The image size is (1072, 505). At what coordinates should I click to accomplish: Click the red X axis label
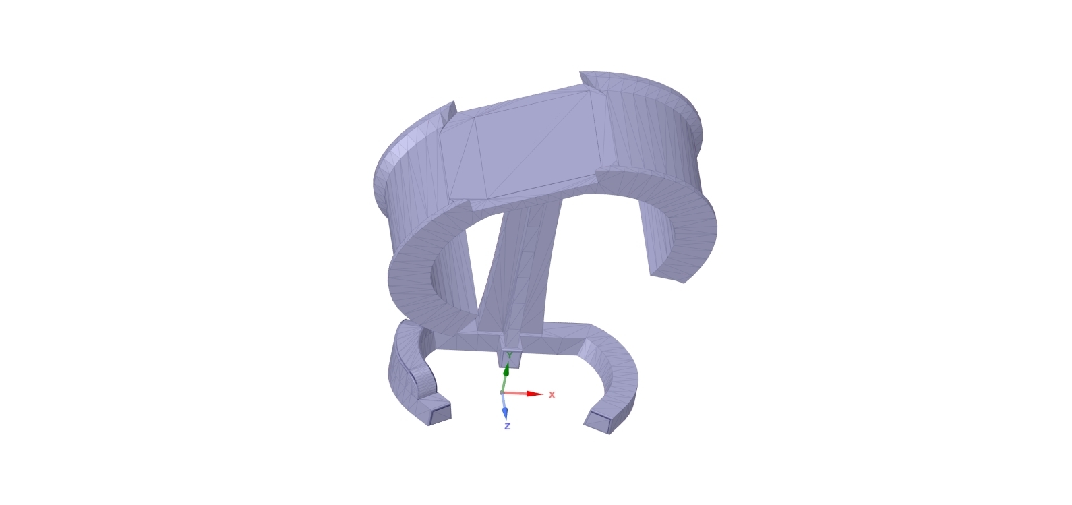552,395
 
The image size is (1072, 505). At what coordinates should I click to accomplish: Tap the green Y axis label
510,355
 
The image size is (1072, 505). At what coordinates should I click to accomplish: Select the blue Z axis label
507,426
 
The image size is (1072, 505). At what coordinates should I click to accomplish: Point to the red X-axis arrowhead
535,394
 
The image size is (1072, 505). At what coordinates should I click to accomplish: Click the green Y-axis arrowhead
506,370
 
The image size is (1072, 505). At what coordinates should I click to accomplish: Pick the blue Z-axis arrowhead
504,413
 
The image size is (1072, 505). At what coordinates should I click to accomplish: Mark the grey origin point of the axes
502,393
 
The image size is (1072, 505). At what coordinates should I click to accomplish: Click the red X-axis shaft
515,394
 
